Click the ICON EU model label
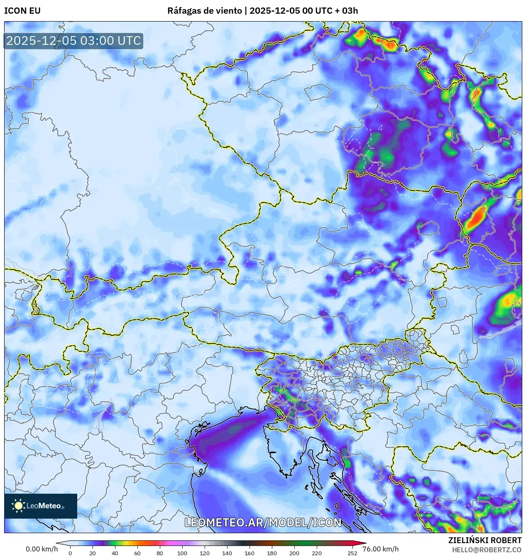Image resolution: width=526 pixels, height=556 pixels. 22,11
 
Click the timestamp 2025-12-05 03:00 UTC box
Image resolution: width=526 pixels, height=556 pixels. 73,41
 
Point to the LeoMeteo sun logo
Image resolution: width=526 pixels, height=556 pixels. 18,505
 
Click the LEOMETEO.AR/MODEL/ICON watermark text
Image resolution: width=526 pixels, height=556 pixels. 263,522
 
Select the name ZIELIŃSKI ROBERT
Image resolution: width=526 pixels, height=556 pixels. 484,540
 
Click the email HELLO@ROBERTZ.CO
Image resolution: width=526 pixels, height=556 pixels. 487,550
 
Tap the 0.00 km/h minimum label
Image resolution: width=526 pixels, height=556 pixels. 42,549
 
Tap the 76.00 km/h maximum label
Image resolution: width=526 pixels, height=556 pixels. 380,549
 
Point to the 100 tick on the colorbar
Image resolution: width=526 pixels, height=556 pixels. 182,553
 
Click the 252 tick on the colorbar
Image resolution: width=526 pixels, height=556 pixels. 352,553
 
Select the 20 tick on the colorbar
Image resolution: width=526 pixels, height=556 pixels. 93,553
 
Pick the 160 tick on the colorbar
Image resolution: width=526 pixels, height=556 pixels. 250,553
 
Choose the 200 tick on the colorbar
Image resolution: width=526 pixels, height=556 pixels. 294,553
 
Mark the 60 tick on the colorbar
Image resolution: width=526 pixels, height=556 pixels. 137,553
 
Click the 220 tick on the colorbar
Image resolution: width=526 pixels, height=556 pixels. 317,553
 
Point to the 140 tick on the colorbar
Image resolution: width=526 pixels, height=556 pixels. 227,553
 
